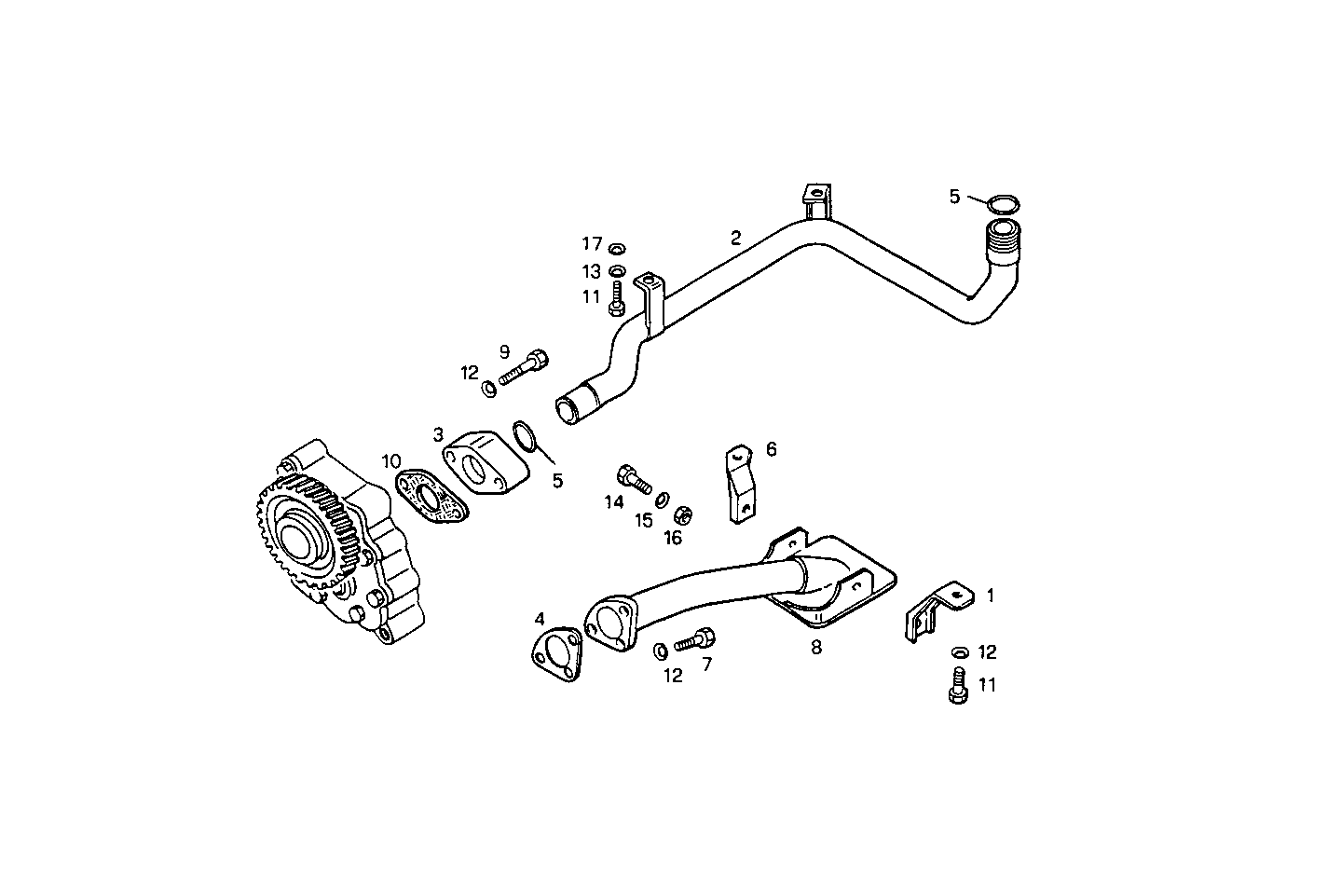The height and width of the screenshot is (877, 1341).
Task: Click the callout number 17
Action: (x=593, y=244)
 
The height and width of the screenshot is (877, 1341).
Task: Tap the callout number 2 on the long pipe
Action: (x=735, y=238)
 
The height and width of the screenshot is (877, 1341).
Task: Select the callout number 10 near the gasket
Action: (x=390, y=460)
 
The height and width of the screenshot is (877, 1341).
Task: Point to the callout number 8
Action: (x=816, y=648)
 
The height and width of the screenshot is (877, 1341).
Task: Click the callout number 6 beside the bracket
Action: (x=771, y=449)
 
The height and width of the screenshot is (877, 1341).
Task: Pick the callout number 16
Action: (x=673, y=538)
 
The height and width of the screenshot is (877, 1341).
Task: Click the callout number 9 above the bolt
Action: (x=504, y=351)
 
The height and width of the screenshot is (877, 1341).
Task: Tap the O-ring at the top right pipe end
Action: (x=1003, y=203)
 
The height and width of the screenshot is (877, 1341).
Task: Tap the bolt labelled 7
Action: (x=693, y=640)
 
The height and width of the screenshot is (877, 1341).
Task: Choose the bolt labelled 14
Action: (x=634, y=479)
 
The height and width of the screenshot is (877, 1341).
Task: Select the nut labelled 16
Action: (x=681, y=513)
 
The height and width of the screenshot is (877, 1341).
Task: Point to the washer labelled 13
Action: (x=616, y=270)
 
